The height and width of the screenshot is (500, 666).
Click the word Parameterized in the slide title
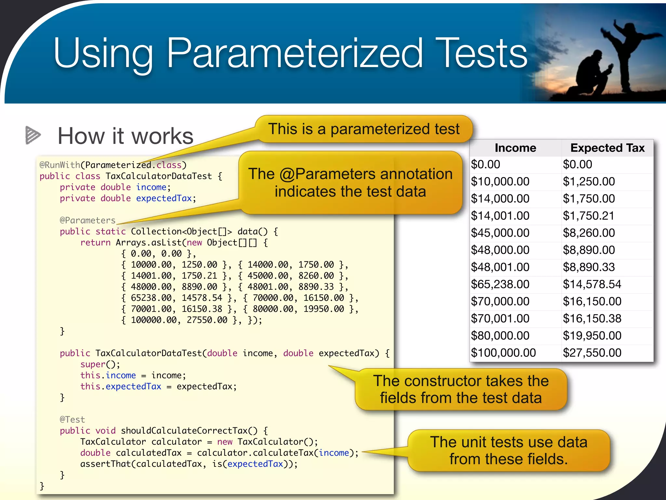point(294,54)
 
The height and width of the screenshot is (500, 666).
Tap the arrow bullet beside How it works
point(33,135)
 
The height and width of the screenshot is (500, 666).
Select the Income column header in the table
point(515,148)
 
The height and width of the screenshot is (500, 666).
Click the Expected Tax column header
point(607,148)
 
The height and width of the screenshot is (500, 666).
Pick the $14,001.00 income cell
point(500,216)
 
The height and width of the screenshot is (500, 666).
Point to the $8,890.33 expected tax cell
point(589,267)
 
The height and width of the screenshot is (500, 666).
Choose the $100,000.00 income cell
point(503,353)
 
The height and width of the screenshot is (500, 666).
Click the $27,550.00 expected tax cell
point(592,353)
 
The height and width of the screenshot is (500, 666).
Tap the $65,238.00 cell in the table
point(500,285)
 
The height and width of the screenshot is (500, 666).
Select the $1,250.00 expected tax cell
point(589,182)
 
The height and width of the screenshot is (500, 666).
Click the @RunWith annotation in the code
point(60,165)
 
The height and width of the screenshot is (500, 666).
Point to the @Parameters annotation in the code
point(87,220)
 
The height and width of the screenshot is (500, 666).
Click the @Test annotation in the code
point(72,420)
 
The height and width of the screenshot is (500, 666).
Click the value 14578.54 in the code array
point(202,298)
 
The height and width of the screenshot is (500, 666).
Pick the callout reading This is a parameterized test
point(364,129)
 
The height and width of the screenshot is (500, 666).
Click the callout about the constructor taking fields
point(461,389)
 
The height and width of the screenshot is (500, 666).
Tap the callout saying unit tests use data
point(509,451)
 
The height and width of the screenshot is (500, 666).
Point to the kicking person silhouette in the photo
point(624,52)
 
